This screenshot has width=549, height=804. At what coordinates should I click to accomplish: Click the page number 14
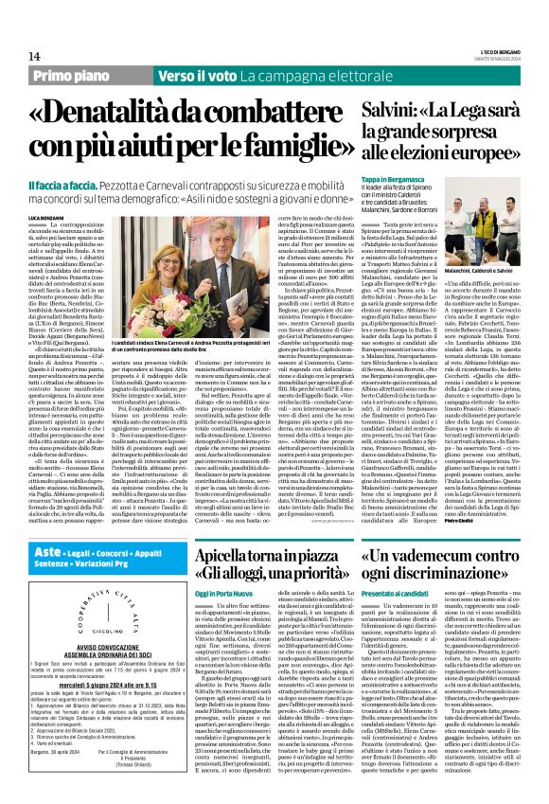tap(22, 57)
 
